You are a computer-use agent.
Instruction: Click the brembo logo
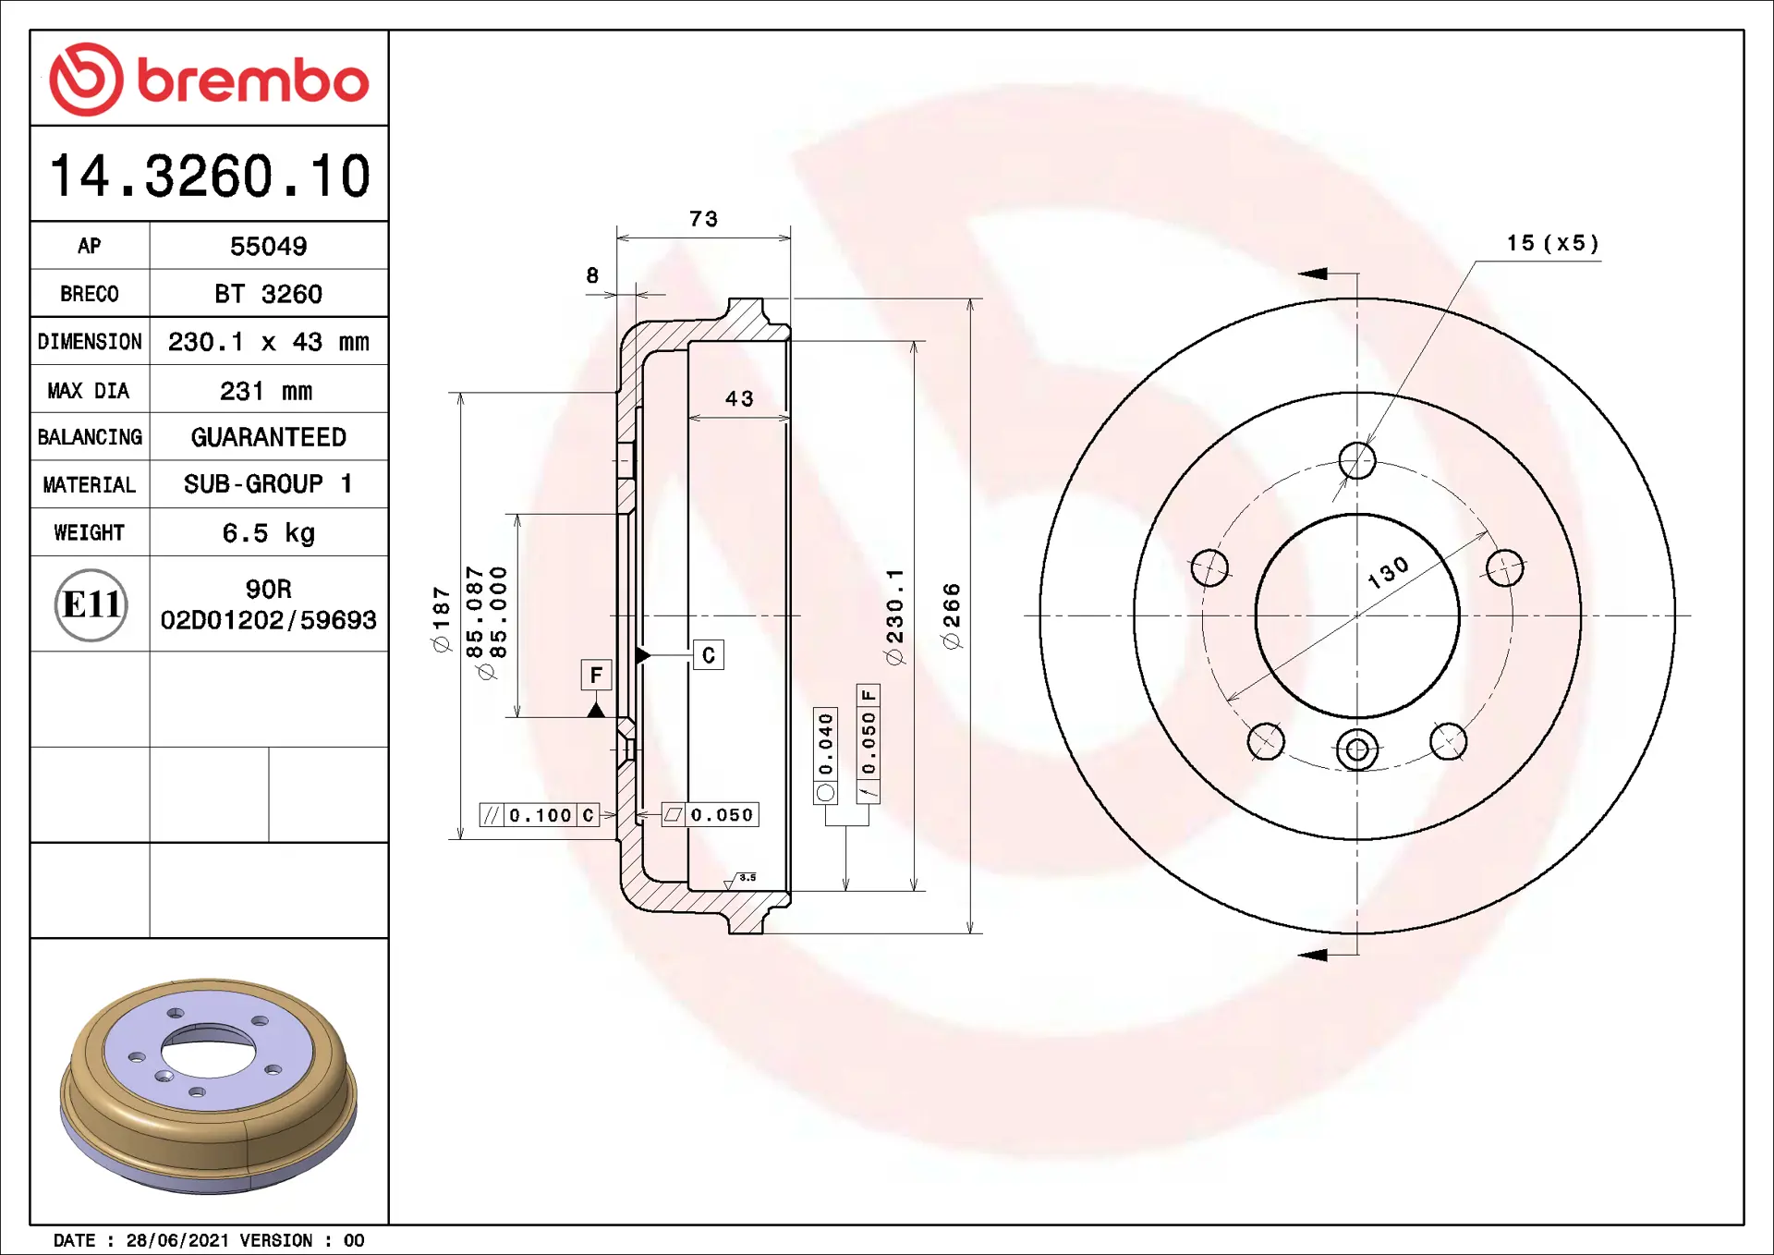pos(209,79)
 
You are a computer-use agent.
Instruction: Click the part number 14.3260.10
pos(210,176)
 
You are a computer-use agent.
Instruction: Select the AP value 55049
pos(268,247)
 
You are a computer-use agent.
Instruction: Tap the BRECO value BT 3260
pos(268,294)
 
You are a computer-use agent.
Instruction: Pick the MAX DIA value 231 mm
pos(266,391)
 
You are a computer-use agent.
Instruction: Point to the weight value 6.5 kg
pos(268,533)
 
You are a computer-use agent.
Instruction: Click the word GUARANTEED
pos(268,437)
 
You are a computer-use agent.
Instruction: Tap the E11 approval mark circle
pos(91,604)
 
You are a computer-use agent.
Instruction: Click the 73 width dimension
pos(703,219)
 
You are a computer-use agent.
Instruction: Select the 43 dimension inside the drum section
pos(739,398)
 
